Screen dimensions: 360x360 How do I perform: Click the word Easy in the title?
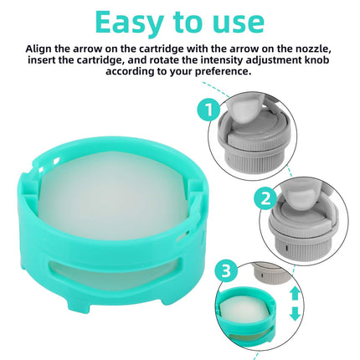tap(130, 23)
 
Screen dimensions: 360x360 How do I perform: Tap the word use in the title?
tap(237, 23)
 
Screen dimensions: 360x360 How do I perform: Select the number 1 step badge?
tap(209, 111)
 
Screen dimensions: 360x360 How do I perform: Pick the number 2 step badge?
tap(265, 199)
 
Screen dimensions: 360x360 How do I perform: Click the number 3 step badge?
tap(226, 270)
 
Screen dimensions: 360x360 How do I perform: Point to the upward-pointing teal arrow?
tap(295, 294)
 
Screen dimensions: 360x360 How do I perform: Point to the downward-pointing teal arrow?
tap(295, 314)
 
